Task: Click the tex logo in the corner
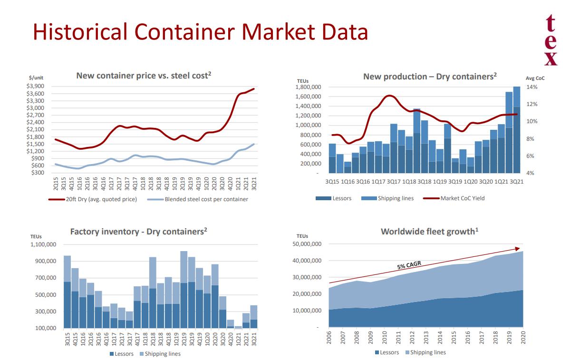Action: point(551,40)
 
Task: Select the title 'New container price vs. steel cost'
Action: point(143,76)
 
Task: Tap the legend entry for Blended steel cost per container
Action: point(206,199)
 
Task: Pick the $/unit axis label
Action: point(36,78)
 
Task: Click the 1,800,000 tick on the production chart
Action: point(308,87)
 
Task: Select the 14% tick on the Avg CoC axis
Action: point(532,87)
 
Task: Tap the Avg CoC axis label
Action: point(535,78)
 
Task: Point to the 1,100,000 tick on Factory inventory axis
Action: point(43,244)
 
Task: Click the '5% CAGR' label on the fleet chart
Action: point(409,265)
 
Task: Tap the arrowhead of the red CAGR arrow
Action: point(519,248)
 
